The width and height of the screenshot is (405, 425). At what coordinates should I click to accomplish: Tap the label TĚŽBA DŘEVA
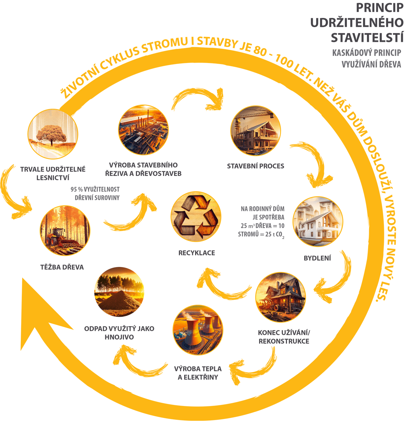pos(62,267)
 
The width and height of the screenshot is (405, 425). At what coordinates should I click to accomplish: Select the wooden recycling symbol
pos(197,217)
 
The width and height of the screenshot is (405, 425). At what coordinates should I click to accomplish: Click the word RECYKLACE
pos(197,253)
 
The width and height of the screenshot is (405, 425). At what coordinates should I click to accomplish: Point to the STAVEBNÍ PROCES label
pos(255,166)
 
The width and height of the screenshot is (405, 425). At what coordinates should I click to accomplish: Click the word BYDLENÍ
pos(317,258)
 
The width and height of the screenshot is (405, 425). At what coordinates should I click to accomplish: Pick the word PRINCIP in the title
pos(380,8)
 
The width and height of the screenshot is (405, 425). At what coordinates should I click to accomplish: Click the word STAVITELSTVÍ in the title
pos(367,37)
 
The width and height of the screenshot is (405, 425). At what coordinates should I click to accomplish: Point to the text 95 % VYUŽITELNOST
pos(95,189)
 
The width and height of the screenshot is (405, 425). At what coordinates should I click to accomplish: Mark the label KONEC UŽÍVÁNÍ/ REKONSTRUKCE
pos(284,337)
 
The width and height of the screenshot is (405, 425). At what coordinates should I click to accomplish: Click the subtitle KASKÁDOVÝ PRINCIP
pos(367,53)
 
